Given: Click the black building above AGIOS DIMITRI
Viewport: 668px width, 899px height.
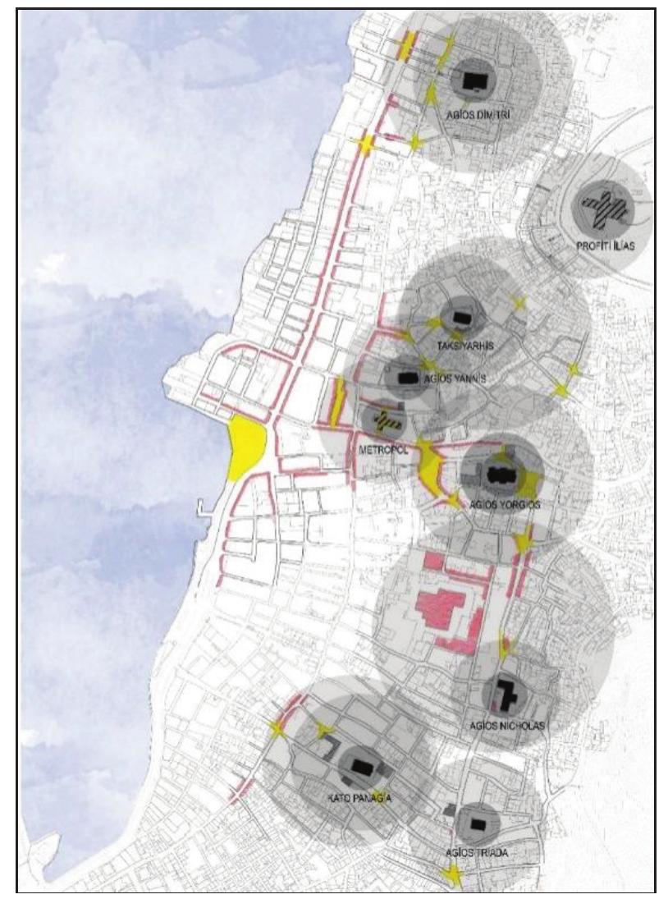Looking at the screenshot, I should [x=474, y=80].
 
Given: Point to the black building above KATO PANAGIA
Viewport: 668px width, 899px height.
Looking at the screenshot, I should [x=361, y=768].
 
